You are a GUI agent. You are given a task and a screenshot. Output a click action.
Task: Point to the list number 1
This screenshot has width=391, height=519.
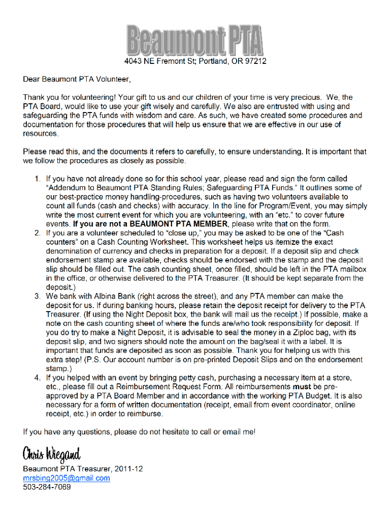[38, 178]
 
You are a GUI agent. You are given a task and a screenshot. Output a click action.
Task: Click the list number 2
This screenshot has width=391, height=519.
[38, 233]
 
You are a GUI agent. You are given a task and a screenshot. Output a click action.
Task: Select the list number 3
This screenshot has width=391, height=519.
[38, 296]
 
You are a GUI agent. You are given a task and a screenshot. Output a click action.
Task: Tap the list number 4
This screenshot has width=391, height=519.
[38, 378]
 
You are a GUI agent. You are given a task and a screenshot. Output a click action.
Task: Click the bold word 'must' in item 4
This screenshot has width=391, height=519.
[302, 387]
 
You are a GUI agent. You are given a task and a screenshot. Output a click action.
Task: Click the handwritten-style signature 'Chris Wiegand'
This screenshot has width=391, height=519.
[51, 454]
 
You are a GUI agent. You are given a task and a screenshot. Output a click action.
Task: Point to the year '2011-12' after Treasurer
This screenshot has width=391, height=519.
[129, 469]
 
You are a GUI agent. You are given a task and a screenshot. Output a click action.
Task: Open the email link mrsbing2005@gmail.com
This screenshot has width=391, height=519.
[67, 478]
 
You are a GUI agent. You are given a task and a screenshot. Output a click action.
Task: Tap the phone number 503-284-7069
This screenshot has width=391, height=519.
[47, 488]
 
